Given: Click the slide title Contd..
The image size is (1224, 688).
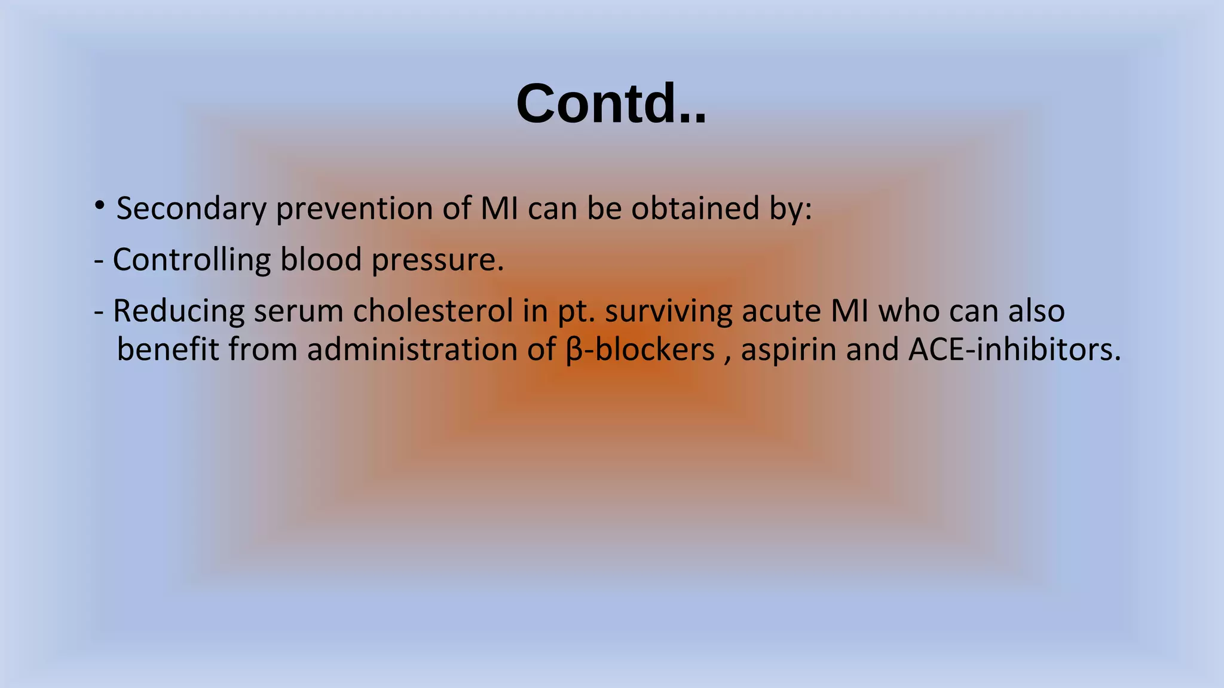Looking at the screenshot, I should click(x=611, y=104).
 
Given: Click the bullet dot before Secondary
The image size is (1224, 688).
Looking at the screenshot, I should click(x=100, y=206).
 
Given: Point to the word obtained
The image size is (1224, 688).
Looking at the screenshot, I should click(x=695, y=208).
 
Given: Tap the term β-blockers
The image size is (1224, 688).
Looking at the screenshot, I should click(x=639, y=349).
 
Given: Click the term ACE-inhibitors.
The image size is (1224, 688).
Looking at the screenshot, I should click(x=1014, y=349).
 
